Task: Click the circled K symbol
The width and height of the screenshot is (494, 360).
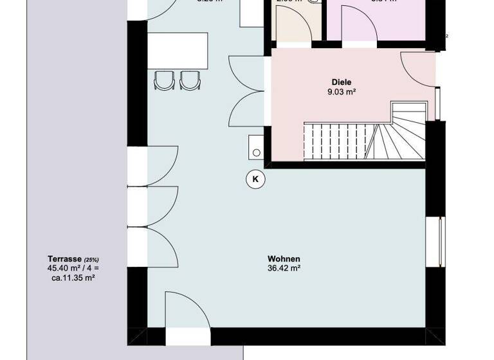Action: point(255,179)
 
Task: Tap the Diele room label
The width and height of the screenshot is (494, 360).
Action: point(342,82)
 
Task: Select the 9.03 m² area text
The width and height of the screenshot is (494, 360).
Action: point(342,92)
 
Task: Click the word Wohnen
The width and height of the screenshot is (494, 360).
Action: point(284,259)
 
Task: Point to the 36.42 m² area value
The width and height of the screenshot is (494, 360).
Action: point(284,269)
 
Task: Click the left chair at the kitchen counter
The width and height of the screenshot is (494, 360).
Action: point(165,80)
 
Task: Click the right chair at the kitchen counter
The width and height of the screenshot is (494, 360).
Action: point(189,80)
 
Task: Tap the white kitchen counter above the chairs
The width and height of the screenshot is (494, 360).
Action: point(178,51)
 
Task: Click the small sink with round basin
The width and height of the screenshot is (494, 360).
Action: point(257,148)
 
